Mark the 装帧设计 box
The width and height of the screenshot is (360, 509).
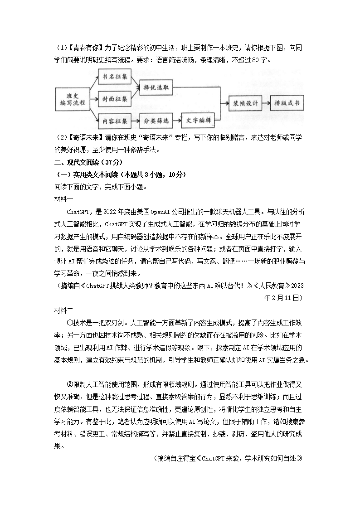(243, 103)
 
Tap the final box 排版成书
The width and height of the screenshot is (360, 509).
(287, 103)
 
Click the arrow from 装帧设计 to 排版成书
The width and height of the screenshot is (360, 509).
(265, 103)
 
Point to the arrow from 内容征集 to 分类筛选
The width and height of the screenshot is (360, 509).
(134, 121)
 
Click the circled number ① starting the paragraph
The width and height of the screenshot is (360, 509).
(70, 323)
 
